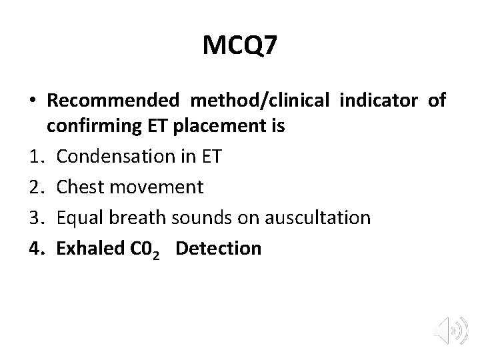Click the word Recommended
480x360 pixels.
pos(113,101)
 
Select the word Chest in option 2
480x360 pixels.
pos(78,187)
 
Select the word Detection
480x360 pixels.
pos(219,249)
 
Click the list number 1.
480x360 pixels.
pos(37,157)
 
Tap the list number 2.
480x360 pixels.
pos(37,187)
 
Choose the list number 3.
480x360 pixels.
pos(37,218)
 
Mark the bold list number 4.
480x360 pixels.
pos(37,249)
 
